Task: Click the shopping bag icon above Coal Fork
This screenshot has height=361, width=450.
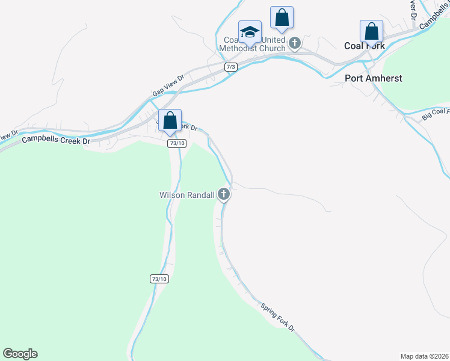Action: point(372,31)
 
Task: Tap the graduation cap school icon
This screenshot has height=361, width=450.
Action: point(250,32)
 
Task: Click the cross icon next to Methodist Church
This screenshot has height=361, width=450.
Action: point(295,43)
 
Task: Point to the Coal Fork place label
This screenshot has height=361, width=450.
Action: point(363,46)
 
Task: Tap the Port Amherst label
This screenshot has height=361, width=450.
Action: point(373,78)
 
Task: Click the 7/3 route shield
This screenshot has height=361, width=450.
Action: point(230,67)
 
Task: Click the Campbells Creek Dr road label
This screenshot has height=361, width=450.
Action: point(55,140)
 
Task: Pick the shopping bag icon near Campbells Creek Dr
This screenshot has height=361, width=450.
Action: point(170,120)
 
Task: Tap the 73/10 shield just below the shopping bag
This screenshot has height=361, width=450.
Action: point(177,143)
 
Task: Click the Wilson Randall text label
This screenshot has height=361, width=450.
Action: point(186,195)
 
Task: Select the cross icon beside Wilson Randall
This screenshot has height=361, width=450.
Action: point(224,194)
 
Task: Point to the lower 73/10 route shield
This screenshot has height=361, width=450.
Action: point(159,279)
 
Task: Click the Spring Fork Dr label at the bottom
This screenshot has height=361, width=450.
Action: point(278,316)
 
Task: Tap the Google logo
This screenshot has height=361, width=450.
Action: point(20,354)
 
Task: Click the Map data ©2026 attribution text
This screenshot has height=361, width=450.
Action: point(424,356)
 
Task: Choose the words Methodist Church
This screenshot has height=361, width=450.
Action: point(252,48)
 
